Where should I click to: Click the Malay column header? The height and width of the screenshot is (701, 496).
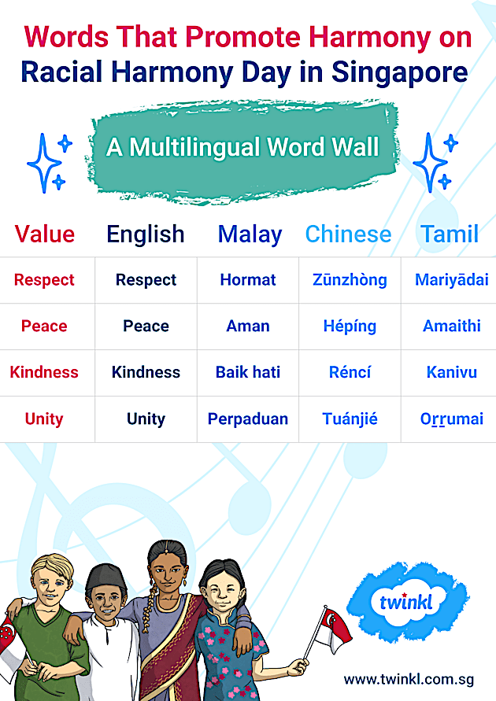[x=250, y=234]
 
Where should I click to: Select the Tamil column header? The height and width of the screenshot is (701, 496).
[x=450, y=234]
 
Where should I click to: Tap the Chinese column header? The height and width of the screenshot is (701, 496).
[x=348, y=234]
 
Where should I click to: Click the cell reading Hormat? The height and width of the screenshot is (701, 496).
[x=248, y=280]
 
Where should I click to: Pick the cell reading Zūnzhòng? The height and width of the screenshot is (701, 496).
[x=350, y=280]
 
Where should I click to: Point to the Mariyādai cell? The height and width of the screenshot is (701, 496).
[x=451, y=280]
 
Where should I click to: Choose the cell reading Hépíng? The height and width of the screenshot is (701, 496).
[x=350, y=326]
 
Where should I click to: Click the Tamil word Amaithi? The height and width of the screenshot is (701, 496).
[x=451, y=326]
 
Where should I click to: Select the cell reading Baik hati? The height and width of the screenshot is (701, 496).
[x=248, y=372]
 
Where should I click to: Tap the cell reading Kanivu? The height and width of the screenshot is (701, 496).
[x=451, y=372]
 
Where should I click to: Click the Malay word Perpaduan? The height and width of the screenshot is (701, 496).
[x=248, y=419]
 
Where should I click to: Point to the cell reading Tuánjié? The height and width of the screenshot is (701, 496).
[x=350, y=419]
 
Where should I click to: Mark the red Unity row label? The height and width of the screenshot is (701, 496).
[x=44, y=419]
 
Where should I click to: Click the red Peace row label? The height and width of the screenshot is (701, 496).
[x=44, y=326]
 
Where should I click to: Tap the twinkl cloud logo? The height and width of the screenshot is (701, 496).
[x=407, y=603]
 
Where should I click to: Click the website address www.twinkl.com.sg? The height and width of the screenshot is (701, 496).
[x=407, y=678]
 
